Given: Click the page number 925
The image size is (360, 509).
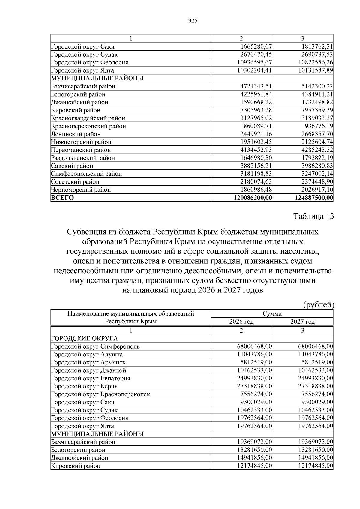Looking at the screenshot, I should (x=193, y=21).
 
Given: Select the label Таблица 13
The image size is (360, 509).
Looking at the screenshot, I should (x=313, y=217).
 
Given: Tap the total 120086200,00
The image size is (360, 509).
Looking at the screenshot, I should (x=252, y=198).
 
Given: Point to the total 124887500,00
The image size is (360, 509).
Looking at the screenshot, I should (x=314, y=198).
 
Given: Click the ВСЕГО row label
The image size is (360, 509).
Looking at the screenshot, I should (x=63, y=198).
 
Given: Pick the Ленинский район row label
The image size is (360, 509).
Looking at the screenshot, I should (x=76, y=134).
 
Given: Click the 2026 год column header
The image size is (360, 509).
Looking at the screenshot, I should (x=241, y=322).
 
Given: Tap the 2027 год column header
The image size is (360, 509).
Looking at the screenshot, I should (x=302, y=322).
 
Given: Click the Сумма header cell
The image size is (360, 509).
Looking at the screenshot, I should (x=272, y=314).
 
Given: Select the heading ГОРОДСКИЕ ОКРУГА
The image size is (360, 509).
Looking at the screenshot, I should (x=85, y=339).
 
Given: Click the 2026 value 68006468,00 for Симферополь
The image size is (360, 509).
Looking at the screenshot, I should (x=254, y=346).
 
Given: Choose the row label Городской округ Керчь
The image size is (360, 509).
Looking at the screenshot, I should (x=84, y=386).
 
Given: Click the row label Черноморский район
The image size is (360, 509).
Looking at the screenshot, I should (x=81, y=190).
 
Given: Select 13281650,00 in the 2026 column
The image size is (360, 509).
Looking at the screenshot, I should (x=254, y=450).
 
